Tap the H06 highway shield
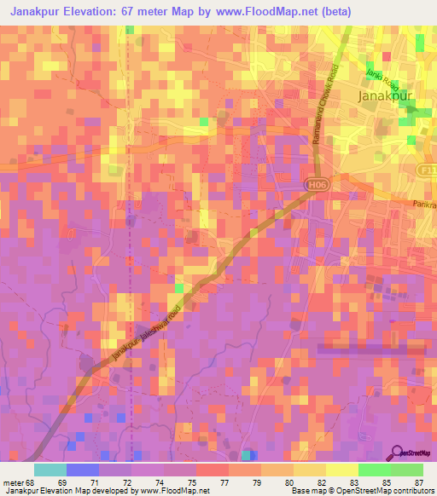(x=318, y=182)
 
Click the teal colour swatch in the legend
(x=50, y=470)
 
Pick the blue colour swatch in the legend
(x=83, y=470)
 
